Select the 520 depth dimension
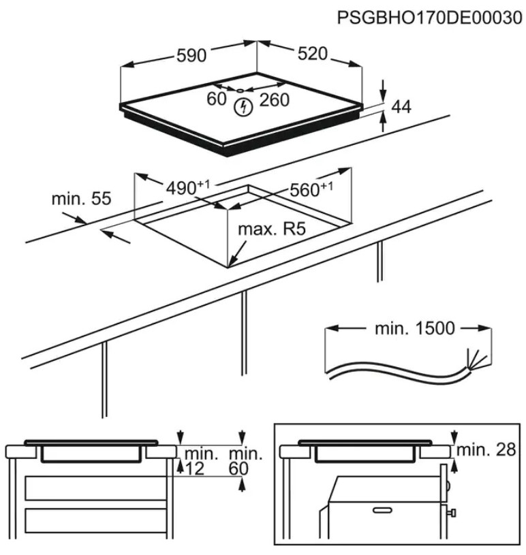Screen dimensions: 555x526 click(x=313, y=54)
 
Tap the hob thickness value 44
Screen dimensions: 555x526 click(x=403, y=106)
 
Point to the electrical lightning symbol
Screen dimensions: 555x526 click(x=242, y=106)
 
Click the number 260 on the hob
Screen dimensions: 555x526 click(x=274, y=100)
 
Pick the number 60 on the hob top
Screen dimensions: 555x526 click(x=216, y=99)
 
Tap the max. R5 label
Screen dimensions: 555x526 click(x=270, y=229)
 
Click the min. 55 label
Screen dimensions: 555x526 click(x=80, y=199)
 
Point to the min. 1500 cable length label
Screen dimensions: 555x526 click(x=414, y=328)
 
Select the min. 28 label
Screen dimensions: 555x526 click(x=487, y=450)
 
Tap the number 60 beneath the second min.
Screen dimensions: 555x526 click(x=238, y=468)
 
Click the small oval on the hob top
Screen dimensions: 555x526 click(x=240, y=89)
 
